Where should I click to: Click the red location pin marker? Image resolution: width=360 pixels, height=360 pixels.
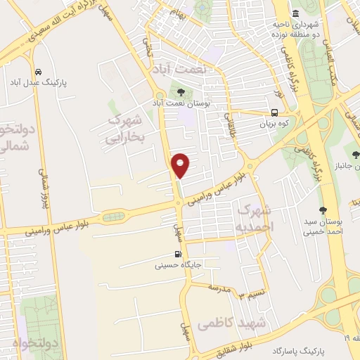click(x=181, y=165)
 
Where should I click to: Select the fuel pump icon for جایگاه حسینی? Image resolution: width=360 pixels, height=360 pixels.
click(x=178, y=255)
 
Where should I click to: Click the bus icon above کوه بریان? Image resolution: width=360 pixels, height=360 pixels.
click(x=274, y=112)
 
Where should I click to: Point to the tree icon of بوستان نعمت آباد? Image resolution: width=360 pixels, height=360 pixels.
click(x=181, y=91)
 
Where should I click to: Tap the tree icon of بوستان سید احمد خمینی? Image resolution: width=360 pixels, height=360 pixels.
click(x=323, y=209)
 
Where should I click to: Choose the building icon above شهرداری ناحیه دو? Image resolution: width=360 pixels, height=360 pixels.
click(x=295, y=14)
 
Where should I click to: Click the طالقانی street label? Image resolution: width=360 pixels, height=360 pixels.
click(x=230, y=124)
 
